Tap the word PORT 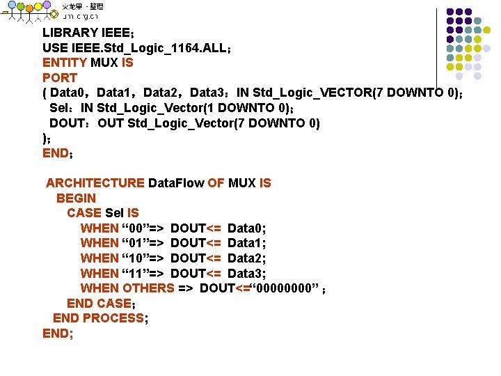click(x=59, y=78)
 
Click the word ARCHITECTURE click(x=95, y=183)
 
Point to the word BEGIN click(x=76, y=198)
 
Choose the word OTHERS click(x=148, y=288)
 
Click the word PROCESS click(x=113, y=318)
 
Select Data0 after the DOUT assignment click(x=247, y=228)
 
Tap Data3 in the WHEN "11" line click(x=247, y=273)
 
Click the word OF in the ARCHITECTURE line click(x=216, y=183)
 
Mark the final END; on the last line click(x=58, y=334)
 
